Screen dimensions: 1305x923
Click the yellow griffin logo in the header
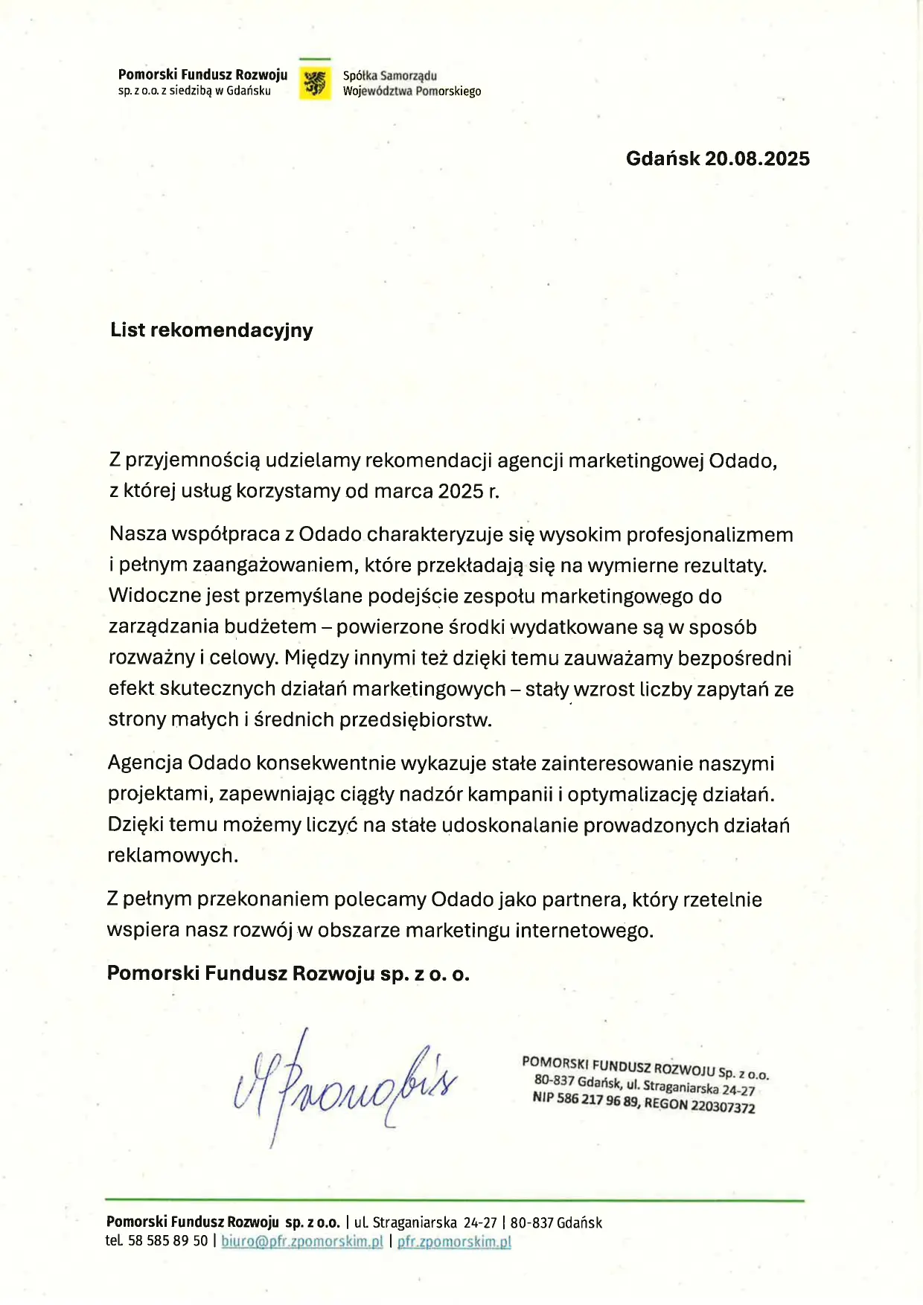point(315,83)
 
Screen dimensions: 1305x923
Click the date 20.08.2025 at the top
point(757,158)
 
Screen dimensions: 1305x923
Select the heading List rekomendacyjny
point(211,330)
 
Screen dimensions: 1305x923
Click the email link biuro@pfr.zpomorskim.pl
point(302,1241)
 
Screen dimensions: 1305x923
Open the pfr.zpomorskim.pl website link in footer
point(454,1241)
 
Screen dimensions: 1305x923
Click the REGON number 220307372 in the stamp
point(723,1106)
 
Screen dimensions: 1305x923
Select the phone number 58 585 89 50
point(168,1241)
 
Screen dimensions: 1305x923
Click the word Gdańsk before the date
point(662,158)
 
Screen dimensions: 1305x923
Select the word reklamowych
point(173,856)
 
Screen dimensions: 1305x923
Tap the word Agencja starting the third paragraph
point(144,763)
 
